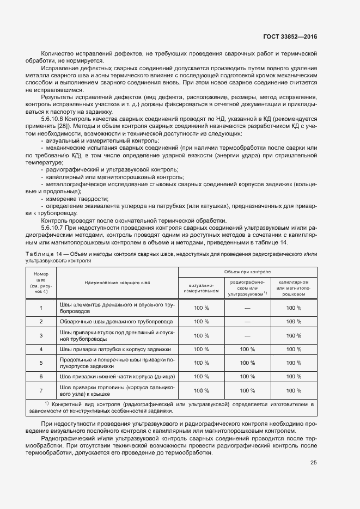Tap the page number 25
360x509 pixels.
click(x=313, y=463)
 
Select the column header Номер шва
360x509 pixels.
click(x=41, y=283)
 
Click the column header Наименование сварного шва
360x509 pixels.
click(x=117, y=283)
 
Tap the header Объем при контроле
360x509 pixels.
click(x=247, y=271)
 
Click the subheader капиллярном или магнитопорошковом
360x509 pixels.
click(x=294, y=287)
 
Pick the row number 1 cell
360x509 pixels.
click(x=41, y=308)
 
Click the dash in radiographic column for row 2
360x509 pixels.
click(x=247, y=321)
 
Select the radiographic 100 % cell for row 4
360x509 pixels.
click(x=247, y=349)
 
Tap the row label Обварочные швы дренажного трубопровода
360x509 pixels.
click(x=117, y=321)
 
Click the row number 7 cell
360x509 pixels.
click(x=41, y=390)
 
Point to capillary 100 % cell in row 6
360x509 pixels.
click(x=294, y=376)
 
